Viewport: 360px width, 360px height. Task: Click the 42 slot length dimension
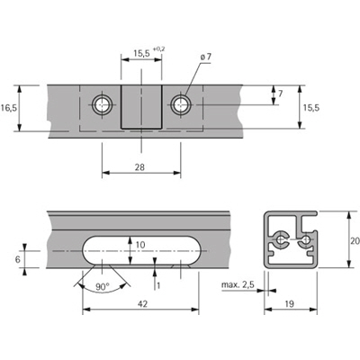point(141,304)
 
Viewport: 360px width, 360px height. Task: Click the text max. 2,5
point(236,286)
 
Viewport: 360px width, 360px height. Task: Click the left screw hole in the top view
point(99,104)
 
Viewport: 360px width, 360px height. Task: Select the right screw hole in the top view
point(184,104)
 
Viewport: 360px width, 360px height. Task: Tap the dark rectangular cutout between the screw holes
point(141,107)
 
